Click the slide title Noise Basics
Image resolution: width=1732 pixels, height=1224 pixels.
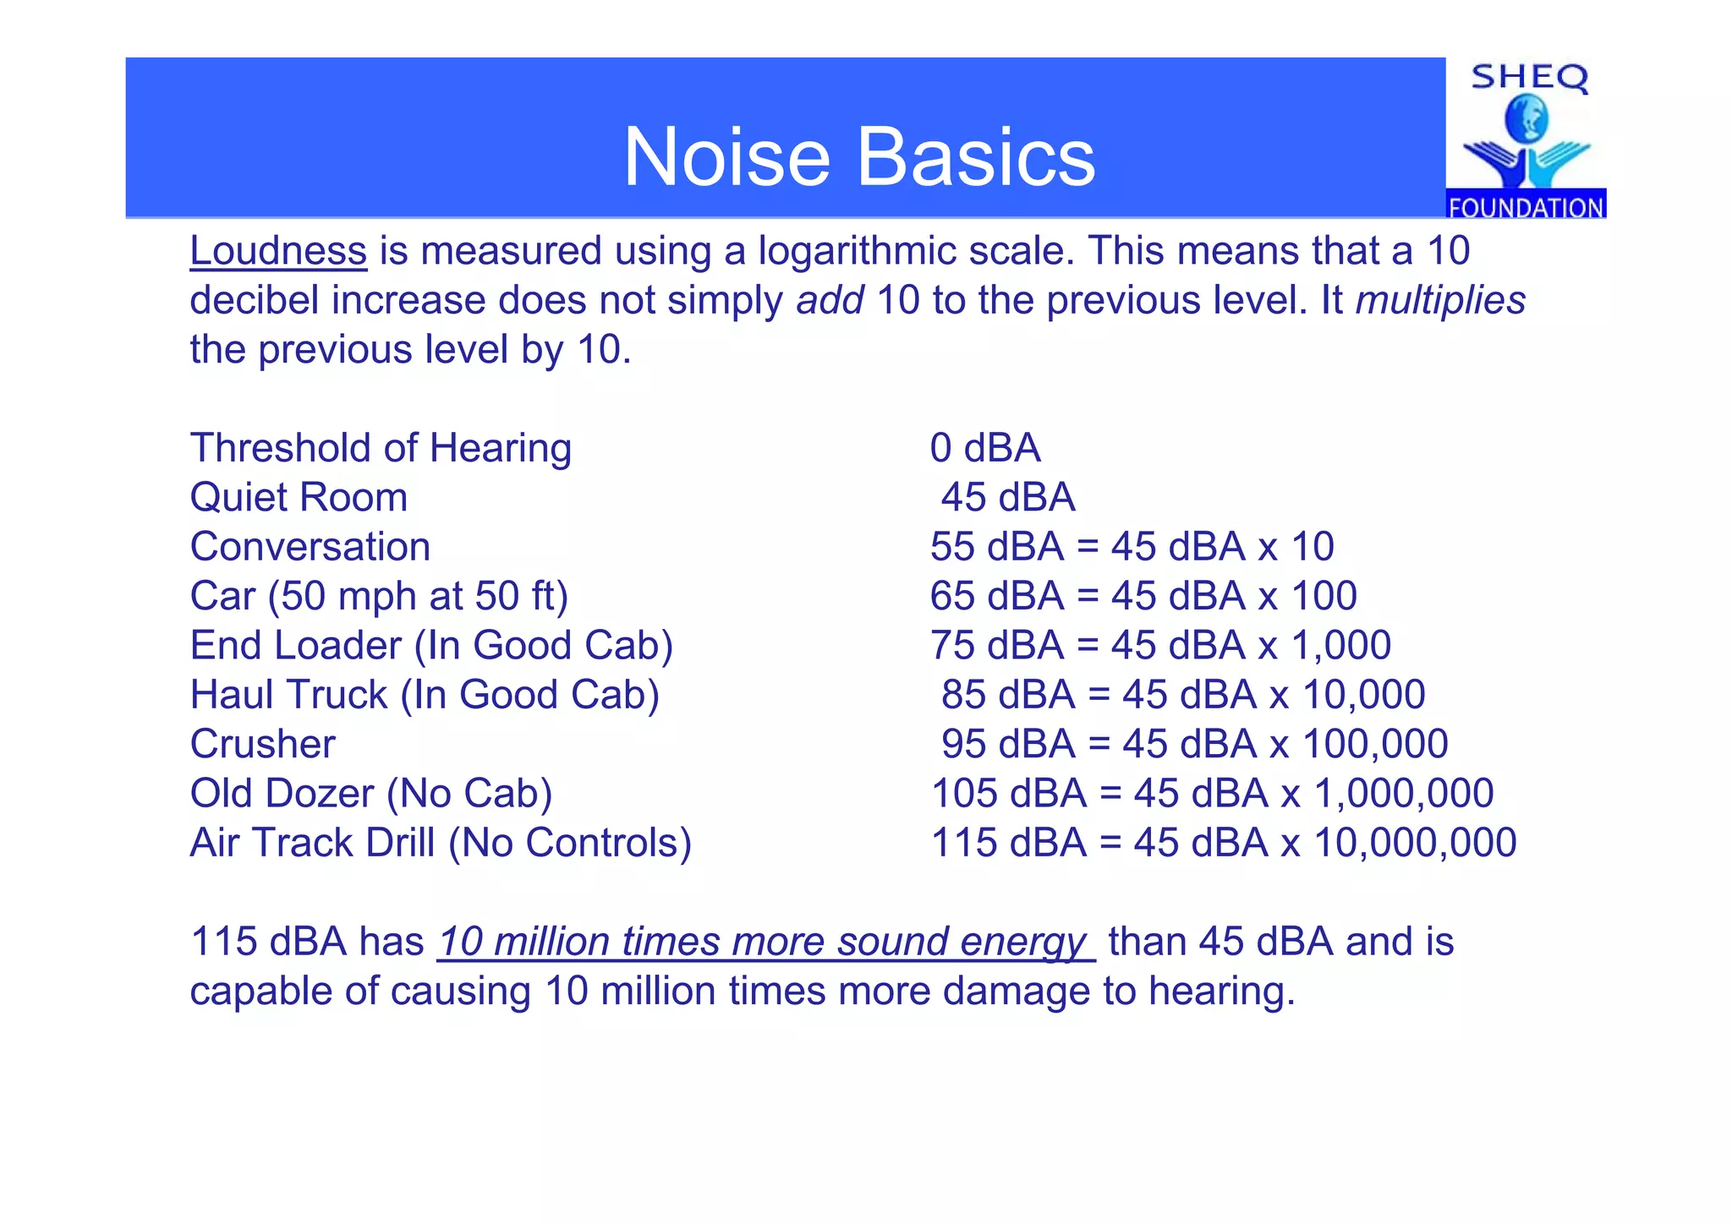pos(859,157)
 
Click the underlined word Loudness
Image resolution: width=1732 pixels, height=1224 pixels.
pos(278,251)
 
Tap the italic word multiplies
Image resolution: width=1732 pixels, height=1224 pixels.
pos(1440,300)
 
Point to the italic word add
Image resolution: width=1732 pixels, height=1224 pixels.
pos(830,300)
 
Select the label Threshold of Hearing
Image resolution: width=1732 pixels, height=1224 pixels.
pos(381,448)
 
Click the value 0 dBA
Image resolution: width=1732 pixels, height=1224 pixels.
pos(985,448)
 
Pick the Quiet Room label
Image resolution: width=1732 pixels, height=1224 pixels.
pos(299,497)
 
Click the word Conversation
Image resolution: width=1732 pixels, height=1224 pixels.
pos(310,547)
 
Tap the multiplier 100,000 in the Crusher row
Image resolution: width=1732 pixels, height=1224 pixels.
pos(1375,745)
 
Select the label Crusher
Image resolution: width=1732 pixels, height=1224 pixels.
pos(262,745)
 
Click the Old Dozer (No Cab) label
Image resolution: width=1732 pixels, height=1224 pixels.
pos(371,794)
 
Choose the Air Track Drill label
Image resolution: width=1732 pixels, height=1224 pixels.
pos(441,843)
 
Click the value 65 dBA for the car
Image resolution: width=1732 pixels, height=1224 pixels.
pos(997,596)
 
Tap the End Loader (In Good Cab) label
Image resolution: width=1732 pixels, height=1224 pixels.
pos(431,646)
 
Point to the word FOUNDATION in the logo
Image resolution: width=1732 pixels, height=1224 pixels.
pos(1526,207)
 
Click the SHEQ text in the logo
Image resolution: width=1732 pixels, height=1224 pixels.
pos(1529,78)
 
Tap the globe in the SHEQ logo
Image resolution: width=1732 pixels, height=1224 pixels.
pos(1526,119)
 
